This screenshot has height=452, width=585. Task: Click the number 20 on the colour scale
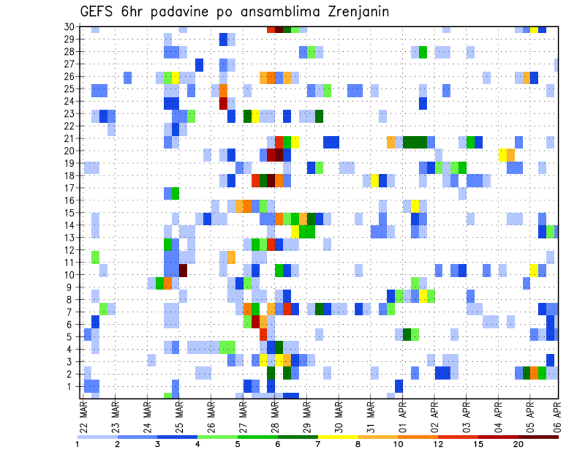[519, 445]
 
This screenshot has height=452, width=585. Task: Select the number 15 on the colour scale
[478, 445]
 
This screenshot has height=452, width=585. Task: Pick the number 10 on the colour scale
[398, 445]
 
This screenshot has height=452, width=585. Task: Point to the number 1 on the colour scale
[77, 445]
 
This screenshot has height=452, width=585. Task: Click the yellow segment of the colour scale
[338, 437]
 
